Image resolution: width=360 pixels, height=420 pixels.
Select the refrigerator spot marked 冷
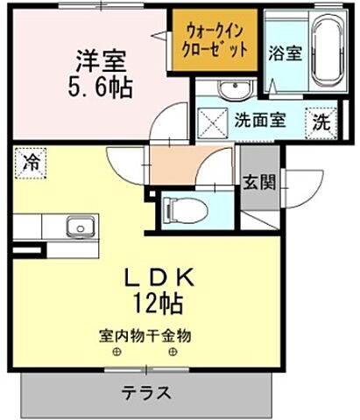coord(32,162)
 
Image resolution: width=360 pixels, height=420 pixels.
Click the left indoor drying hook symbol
coord(116,353)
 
